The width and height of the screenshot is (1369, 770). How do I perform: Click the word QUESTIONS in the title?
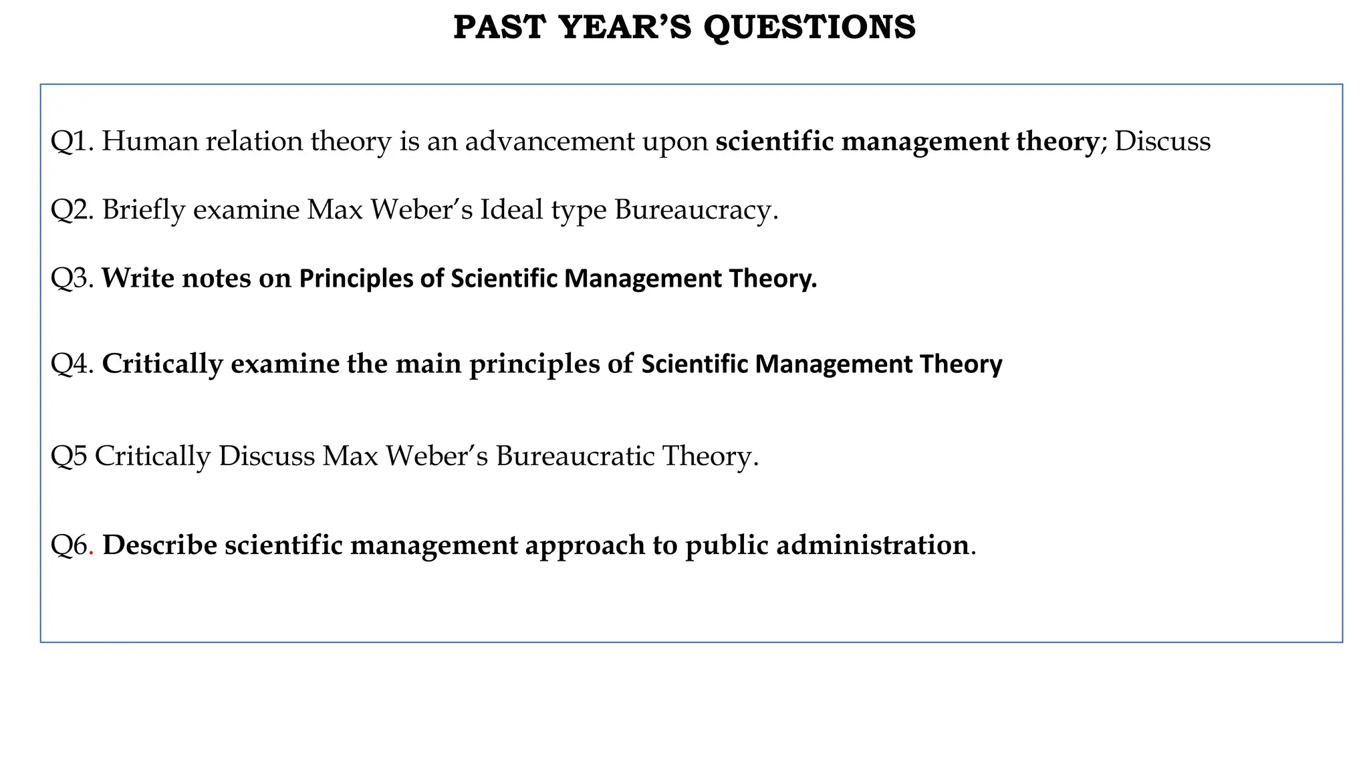pyautogui.click(x=810, y=28)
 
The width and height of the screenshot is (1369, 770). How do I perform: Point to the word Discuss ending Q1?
pyautogui.click(x=1162, y=142)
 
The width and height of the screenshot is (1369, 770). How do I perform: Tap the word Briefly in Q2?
pyautogui.click(x=144, y=210)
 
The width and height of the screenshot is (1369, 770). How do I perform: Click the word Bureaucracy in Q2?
pyautogui.click(x=696, y=210)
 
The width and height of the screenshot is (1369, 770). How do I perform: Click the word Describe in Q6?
pyautogui.click(x=160, y=545)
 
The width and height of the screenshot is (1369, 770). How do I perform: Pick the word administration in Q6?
pyautogui.click(x=872, y=545)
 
